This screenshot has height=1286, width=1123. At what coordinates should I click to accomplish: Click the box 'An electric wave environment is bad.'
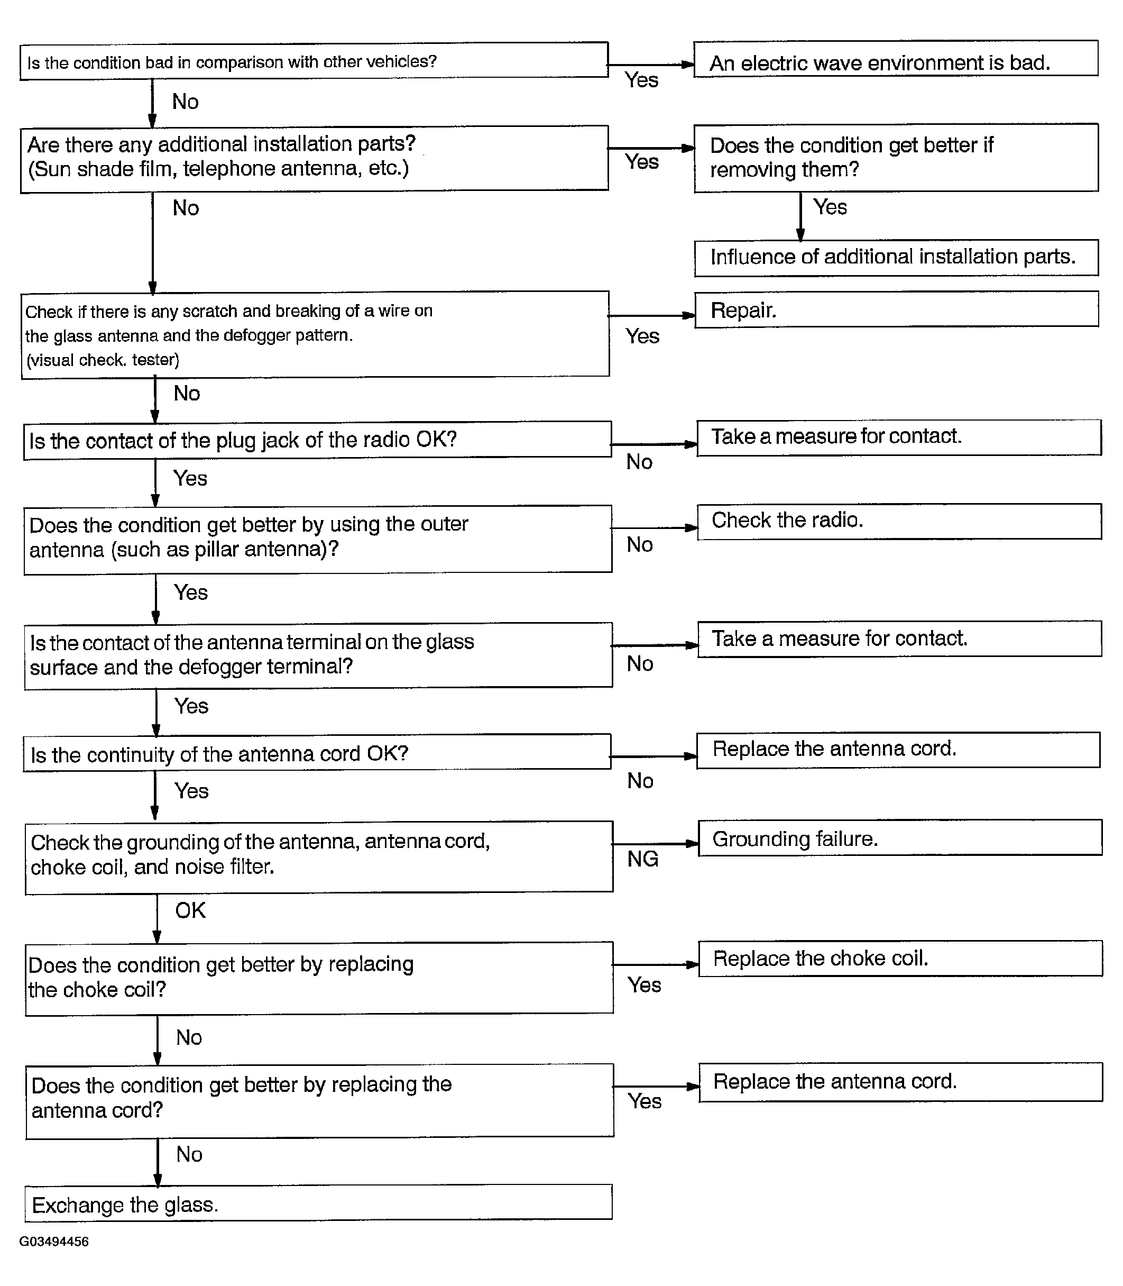pos(895,60)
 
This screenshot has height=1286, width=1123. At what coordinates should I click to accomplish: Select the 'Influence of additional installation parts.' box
pos(896,258)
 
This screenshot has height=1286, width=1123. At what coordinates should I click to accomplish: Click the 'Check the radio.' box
pos(899,521)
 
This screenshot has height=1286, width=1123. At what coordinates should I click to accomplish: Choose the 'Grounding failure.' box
pos(899,838)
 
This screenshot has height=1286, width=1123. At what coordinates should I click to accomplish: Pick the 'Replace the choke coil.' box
pos(900,959)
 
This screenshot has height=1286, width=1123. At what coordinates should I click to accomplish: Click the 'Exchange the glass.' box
pos(318,1202)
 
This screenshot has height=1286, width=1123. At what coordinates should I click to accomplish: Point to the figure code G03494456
pos(54,1242)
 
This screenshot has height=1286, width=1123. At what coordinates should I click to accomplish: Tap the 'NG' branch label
pos(642,859)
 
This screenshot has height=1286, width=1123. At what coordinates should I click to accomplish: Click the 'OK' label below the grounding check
pos(190,910)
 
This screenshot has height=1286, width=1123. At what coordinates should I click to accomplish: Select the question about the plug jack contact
pos(317,440)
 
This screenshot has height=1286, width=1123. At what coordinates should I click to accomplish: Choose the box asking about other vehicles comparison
pos(314,61)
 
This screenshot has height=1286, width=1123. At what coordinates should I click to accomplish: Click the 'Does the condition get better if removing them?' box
pos(896,158)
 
